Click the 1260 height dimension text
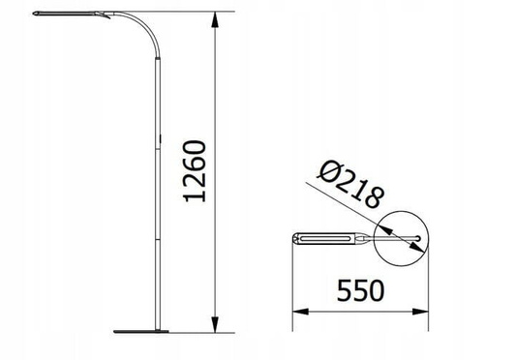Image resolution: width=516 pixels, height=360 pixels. (196, 172)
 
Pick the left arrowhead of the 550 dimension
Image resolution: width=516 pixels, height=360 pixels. (298, 312)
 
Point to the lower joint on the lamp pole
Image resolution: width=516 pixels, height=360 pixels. (160, 237)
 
